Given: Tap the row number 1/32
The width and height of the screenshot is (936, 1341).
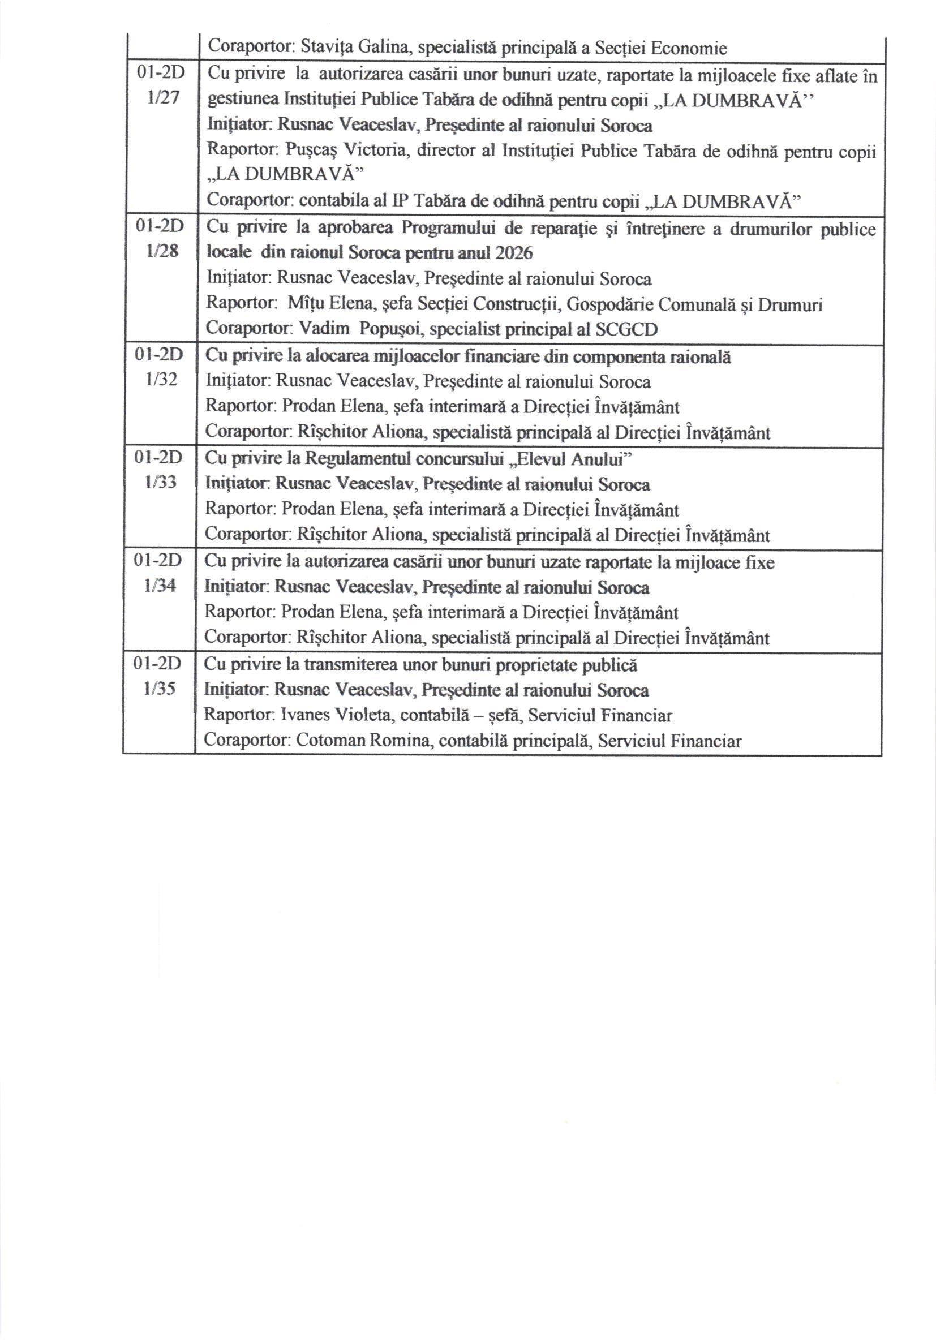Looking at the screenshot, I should pos(161,380).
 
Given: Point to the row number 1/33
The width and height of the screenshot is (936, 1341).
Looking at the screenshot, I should pos(161,483).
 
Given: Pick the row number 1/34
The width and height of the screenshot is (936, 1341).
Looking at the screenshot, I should pos(160,585).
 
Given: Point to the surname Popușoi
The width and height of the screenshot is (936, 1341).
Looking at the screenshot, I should pos(392,329).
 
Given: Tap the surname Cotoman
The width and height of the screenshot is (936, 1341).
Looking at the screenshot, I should pos(329,741).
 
